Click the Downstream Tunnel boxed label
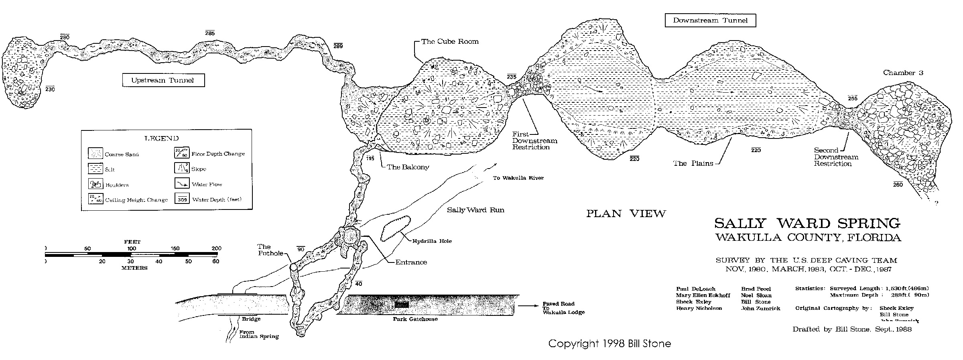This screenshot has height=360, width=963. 710,20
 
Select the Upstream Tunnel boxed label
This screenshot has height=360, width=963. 163,80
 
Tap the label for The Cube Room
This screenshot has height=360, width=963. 449,41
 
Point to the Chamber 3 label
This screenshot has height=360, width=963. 903,73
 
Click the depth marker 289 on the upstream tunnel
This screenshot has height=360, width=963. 338,46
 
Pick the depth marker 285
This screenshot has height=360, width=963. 210,33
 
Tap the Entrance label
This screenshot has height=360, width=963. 411,262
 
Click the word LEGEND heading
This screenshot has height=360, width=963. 161,138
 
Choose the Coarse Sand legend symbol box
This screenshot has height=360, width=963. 95,153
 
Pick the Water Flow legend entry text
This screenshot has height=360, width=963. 207,185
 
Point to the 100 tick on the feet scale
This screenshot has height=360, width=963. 132,249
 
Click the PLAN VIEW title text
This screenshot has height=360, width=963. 626,214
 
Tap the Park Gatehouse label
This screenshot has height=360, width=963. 415,319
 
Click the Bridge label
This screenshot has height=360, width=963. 251,319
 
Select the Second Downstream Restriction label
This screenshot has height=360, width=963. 836,157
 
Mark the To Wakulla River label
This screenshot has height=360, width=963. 518,178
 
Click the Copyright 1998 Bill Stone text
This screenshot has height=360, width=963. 609,344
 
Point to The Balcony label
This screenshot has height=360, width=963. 408,167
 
